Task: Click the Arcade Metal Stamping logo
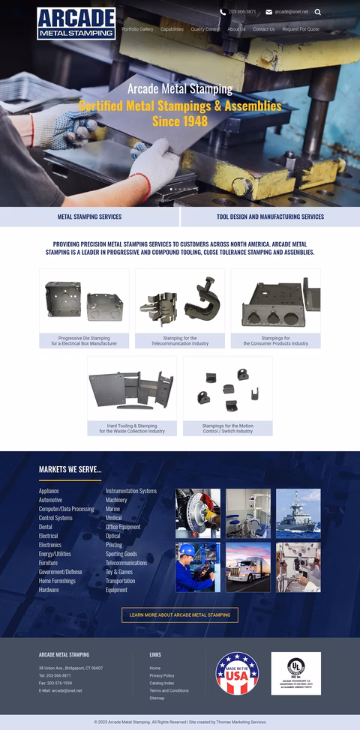coord(76,23)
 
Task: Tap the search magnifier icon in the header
coord(318,12)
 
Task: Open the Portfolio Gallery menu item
coord(137,29)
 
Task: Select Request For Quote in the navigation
coord(301,29)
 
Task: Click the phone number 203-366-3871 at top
coord(241,12)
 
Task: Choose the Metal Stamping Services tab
coord(89,217)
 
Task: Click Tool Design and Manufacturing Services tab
coord(270,217)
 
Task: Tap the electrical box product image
coord(84,301)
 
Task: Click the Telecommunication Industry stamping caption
coord(180,341)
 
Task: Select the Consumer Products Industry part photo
coord(275,301)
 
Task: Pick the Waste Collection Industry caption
coord(132,429)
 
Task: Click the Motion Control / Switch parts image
coord(227,389)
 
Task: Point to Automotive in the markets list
coord(51,500)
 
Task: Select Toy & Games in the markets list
coord(119,572)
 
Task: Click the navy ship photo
coord(298,513)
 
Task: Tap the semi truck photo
coord(248,567)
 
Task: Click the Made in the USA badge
coord(237,673)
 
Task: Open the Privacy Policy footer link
coord(162,675)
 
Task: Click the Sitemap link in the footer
coord(157,698)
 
